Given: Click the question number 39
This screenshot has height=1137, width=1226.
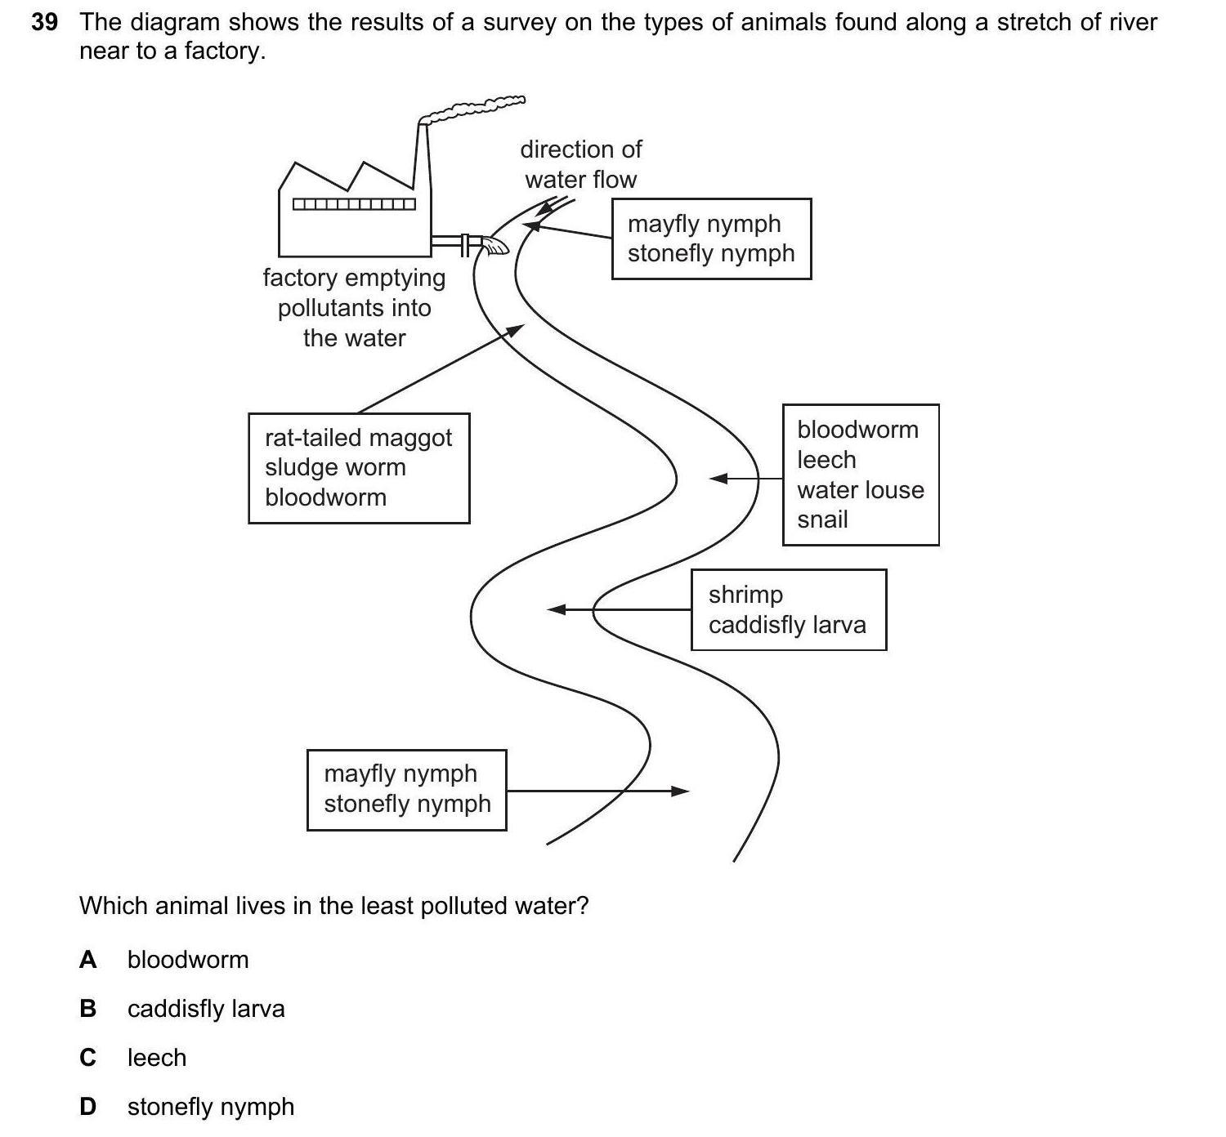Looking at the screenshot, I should (x=44, y=22).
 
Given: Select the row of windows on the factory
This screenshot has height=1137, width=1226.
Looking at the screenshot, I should (x=354, y=203).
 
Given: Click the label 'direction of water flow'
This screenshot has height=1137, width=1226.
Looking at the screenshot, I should (x=580, y=164).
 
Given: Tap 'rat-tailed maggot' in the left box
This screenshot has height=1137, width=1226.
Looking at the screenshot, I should (x=358, y=438).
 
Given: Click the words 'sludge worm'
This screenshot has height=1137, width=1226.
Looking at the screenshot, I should (x=335, y=467).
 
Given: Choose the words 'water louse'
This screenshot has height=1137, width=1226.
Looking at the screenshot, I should (x=861, y=489).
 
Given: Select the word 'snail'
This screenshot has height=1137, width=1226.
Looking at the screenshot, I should (x=822, y=519).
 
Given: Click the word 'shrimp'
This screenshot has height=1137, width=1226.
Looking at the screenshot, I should (x=745, y=595).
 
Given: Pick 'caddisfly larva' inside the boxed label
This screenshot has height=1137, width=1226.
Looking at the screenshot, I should (x=787, y=625).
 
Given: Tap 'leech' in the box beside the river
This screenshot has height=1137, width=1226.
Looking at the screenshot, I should (x=826, y=460).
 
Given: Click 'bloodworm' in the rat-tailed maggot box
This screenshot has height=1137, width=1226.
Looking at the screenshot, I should (x=325, y=497).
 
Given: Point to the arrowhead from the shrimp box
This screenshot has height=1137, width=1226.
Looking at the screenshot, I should (x=556, y=609).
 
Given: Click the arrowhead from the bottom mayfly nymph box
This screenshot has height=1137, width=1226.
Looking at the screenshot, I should (x=682, y=791).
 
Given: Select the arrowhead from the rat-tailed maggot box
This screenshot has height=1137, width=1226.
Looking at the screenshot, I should (x=515, y=329).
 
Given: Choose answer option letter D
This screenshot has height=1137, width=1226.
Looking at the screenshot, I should (x=87, y=1107).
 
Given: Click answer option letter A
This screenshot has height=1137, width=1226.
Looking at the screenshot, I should (x=87, y=960).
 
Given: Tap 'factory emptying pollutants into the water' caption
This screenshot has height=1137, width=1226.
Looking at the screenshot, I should (x=354, y=308).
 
